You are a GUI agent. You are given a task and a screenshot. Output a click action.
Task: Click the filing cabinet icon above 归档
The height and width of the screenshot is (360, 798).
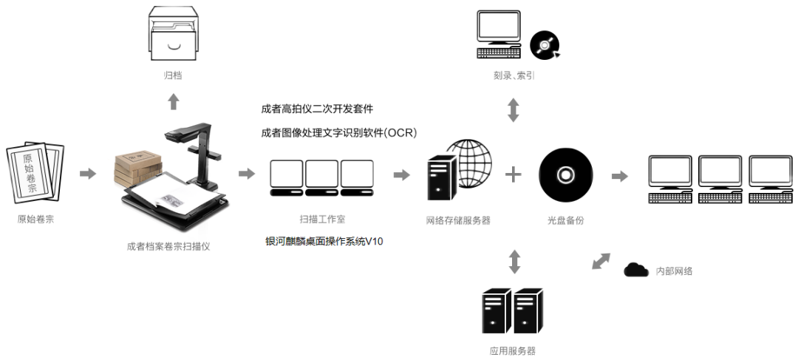[x=174, y=33]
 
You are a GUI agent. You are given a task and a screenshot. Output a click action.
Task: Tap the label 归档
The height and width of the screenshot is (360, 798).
[x=174, y=75]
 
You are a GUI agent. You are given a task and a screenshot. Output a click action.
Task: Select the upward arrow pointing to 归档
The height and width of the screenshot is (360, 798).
[x=174, y=101]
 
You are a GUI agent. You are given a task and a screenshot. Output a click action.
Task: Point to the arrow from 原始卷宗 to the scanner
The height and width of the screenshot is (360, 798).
[x=88, y=173]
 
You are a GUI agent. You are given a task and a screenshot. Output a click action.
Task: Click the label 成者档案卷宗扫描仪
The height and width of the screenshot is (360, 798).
[x=168, y=246]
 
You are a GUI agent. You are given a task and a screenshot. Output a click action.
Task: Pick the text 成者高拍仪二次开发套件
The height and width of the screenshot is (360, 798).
[x=317, y=109]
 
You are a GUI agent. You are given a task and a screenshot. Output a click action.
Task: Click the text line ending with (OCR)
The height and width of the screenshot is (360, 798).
[x=339, y=133]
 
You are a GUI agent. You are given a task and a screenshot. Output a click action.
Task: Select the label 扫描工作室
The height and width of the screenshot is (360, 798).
[x=321, y=220]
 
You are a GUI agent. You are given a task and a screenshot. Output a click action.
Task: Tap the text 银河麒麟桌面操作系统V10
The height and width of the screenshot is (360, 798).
[x=324, y=241]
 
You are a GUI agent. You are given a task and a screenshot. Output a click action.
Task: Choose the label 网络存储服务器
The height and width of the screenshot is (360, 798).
[x=458, y=220]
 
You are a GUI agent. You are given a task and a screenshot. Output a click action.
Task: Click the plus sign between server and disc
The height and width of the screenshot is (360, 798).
[x=514, y=174]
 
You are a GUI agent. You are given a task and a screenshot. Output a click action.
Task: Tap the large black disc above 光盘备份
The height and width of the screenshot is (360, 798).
[x=566, y=174]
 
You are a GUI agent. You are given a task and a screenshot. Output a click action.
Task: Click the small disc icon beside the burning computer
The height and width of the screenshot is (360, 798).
[x=545, y=46]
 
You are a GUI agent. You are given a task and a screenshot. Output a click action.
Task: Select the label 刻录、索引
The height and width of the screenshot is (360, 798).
[x=514, y=75]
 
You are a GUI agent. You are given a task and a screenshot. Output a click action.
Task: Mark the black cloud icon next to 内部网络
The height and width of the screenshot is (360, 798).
[x=635, y=270]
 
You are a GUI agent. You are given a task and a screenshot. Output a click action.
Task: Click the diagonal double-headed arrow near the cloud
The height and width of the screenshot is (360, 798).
[x=602, y=262]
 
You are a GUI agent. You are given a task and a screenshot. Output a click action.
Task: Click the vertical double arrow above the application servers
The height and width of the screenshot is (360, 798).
[x=514, y=262]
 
